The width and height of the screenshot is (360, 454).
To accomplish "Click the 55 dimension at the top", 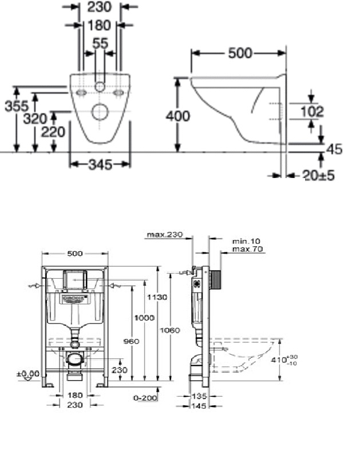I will pyautogui.click(x=100, y=43).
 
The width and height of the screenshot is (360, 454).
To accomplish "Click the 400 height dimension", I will pyautogui.click(x=177, y=116).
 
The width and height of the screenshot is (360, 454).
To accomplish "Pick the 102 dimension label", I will pyautogui.click(x=311, y=112).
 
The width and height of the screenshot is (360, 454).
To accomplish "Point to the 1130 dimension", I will pyautogui.click(x=157, y=297).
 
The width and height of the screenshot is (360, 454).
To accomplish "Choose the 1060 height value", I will pyautogui.click(x=171, y=330).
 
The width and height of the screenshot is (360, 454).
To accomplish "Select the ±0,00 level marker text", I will pyautogui.click(x=28, y=374).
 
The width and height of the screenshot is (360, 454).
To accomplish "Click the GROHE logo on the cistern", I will pyautogui.click(x=73, y=299).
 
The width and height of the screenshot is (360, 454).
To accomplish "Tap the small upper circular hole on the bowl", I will pyautogui.click(x=100, y=87).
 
